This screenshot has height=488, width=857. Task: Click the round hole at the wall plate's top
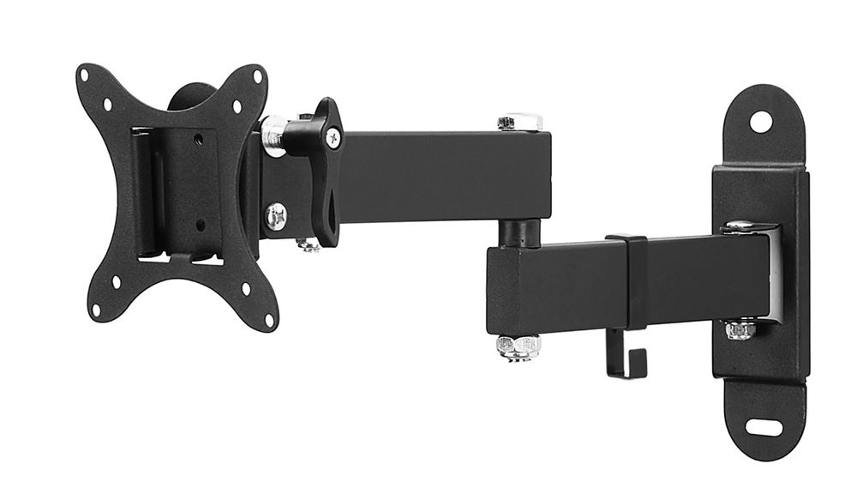(x=760, y=121)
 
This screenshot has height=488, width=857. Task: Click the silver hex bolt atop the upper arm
(x=518, y=123)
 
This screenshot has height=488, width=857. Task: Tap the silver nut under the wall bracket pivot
(x=740, y=329)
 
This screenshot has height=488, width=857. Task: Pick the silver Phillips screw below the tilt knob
(x=275, y=214)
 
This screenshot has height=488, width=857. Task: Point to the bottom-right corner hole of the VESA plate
(x=268, y=320)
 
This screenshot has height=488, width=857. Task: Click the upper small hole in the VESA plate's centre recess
(x=198, y=136)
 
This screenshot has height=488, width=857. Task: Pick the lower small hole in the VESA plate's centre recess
(x=201, y=226)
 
